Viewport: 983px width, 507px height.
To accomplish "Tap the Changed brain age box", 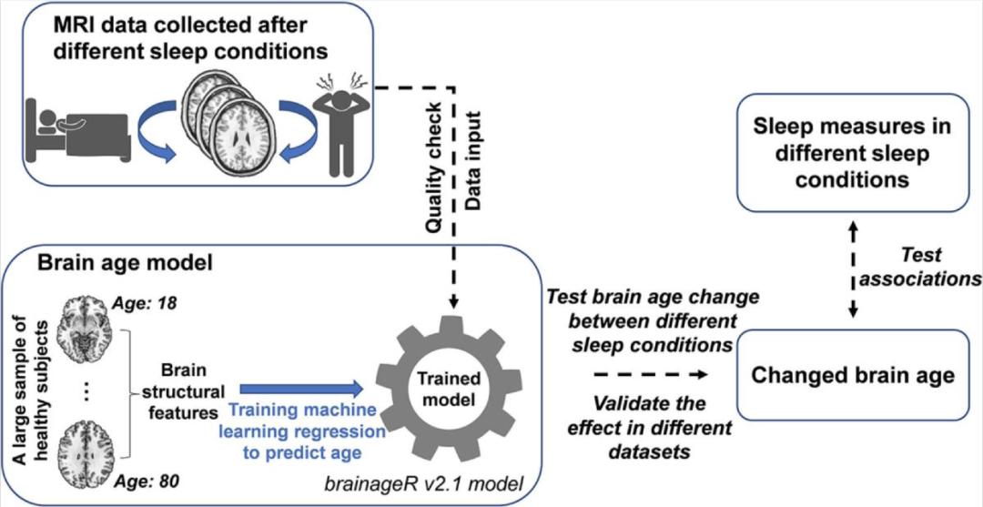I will [853, 374].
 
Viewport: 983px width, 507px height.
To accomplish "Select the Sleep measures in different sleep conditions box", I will [853, 156].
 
